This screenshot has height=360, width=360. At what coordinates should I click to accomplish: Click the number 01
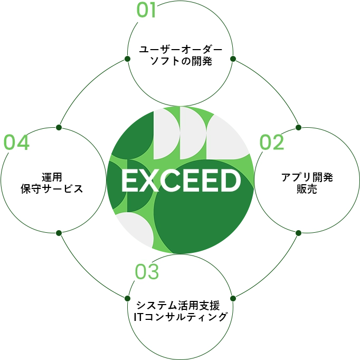click(x=147, y=11)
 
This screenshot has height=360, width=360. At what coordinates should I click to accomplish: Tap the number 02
click(x=272, y=143)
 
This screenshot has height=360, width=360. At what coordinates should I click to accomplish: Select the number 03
click(x=147, y=272)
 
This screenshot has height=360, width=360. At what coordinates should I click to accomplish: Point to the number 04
click(x=17, y=143)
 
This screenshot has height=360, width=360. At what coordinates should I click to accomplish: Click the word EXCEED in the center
click(x=181, y=181)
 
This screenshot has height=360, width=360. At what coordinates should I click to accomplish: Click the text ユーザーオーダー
click(x=180, y=50)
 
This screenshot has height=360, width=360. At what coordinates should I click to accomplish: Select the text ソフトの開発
click(x=180, y=61)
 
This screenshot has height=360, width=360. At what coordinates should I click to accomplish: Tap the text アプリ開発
click(x=307, y=177)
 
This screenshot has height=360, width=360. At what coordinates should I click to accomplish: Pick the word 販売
click(x=307, y=189)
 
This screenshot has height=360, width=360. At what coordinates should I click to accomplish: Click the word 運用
click(x=53, y=177)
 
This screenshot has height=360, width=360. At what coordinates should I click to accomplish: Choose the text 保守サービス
click(x=53, y=189)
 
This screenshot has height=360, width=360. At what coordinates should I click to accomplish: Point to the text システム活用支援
click(x=181, y=305)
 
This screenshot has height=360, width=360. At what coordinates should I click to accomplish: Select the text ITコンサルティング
click(x=181, y=317)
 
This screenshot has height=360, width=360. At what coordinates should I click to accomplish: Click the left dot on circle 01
click(x=127, y=59)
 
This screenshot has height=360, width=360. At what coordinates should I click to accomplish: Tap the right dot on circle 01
click(x=233, y=59)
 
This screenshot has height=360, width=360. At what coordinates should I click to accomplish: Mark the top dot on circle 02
click(x=298, y=127)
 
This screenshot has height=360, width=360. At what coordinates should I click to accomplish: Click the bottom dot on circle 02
click(x=298, y=233)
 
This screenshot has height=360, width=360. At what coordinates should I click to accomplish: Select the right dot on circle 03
click(x=233, y=298)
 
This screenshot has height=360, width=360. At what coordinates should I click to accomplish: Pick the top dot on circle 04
click(x=59, y=127)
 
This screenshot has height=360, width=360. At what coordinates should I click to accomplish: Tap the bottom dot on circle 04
click(x=59, y=233)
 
